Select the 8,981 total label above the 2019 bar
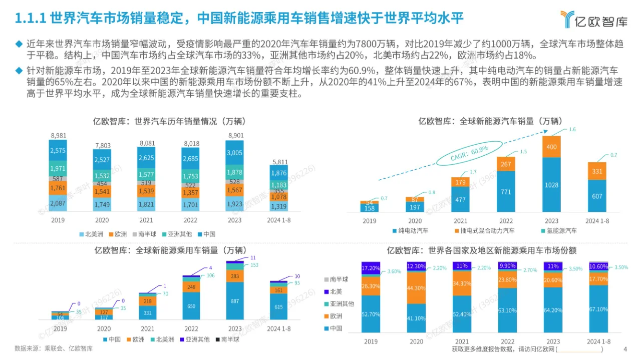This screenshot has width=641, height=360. [58, 136]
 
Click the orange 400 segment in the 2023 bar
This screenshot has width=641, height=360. [551, 147]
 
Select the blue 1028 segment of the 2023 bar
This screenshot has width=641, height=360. [551, 185]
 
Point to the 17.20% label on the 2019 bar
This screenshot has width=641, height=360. [371, 268]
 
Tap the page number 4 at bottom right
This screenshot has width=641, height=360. [625, 349]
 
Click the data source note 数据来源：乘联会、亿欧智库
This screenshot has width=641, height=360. [54, 348]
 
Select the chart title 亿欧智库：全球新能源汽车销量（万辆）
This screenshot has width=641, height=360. [490, 121]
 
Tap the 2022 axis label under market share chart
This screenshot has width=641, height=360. [507, 341]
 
